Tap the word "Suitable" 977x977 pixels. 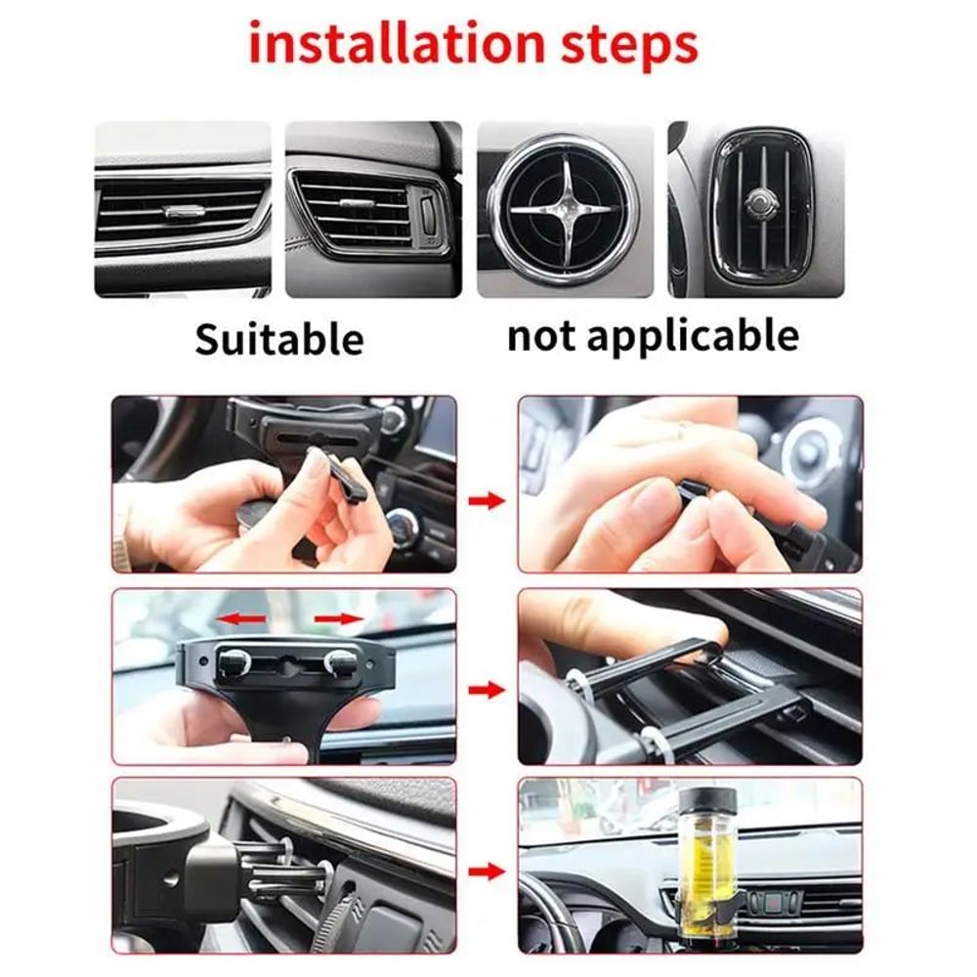tap(278, 339)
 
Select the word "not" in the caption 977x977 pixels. tap(543, 335)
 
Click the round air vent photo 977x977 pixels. tap(564, 209)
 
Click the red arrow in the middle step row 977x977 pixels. tap(486, 691)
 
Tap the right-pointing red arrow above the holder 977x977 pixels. tap(339, 617)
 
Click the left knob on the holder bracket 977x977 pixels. tap(234, 661)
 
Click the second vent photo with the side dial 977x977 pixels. tap(372, 209)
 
